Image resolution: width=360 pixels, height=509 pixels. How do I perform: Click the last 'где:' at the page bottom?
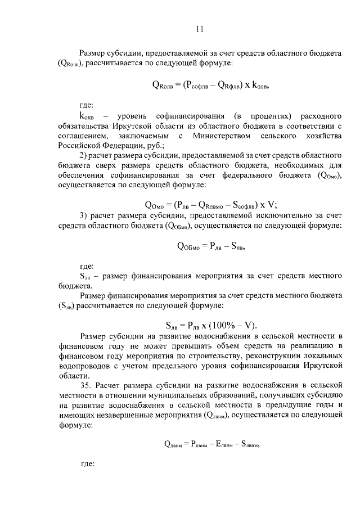click(87, 465)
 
